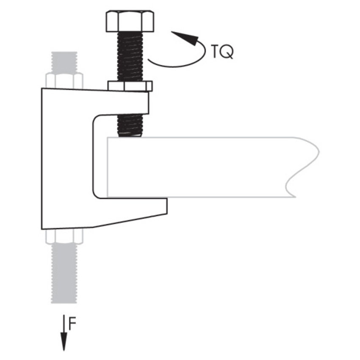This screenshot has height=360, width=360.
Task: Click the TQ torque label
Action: point(221,51)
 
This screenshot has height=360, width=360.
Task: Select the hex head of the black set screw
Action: point(129,22)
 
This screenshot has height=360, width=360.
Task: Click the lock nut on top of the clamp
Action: point(130,86)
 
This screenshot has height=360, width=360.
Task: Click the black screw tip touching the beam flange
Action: point(129,132)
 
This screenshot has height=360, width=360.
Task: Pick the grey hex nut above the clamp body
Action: point(64,80)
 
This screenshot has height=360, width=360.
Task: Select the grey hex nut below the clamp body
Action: point(64,236)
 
